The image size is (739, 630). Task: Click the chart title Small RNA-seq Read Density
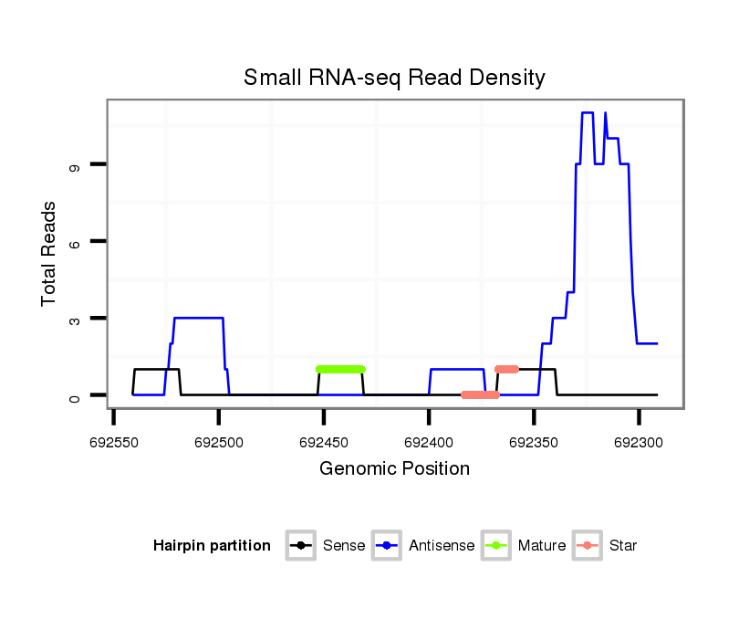click(394, 78)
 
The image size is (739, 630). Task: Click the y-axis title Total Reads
click(49, 254)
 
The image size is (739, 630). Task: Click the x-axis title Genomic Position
click(394, 469)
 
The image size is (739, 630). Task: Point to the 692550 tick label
click(113, 441)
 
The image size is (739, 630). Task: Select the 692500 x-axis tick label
click(218, 441)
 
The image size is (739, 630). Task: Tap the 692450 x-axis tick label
click(323, 441)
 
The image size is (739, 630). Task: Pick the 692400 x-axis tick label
click(428, 441)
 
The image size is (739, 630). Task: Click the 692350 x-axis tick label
click(534, 441)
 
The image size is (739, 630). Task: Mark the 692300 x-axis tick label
click(639, 441)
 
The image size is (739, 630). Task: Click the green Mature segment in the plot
click(340, 369)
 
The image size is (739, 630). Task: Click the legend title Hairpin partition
click(212, 546)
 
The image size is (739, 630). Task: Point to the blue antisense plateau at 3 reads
click(198, 318)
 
